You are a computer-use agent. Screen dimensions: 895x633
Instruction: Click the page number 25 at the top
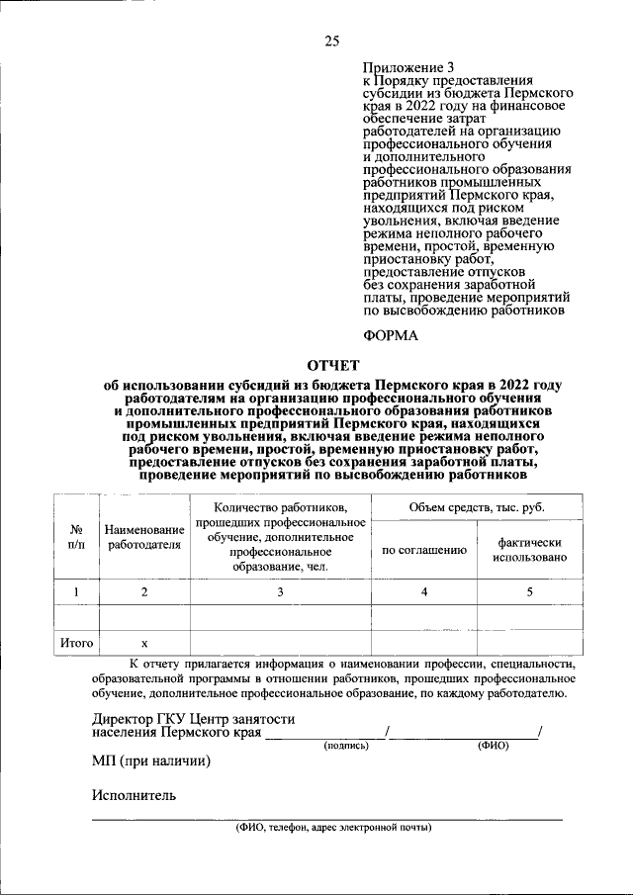[x=331, y=41]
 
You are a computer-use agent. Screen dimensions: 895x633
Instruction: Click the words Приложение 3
[x=401, y=67]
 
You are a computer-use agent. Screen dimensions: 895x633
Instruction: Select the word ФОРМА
[x=391, y=335]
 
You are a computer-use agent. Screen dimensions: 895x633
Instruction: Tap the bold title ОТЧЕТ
[x=333, y=365]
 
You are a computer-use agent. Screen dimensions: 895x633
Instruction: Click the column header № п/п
[x=75, y=536]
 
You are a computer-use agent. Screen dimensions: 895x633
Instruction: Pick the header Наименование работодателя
[x=144, y=536]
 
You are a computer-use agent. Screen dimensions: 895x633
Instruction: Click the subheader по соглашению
[x=424, y=550]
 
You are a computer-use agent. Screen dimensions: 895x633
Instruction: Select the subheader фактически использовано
[x=530, y=550]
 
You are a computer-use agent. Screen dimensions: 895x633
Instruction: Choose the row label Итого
[x=76, y=643]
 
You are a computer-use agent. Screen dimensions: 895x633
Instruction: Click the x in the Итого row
[x=144, y=643]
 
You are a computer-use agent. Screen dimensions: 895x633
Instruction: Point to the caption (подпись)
[x=346, y=746]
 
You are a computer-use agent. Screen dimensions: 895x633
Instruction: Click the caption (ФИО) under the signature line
[x=493, y=746]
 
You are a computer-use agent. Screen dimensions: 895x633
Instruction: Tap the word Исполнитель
[x=134, y=795]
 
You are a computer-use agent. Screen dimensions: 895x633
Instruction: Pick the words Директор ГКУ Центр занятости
[x=193, y=719]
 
